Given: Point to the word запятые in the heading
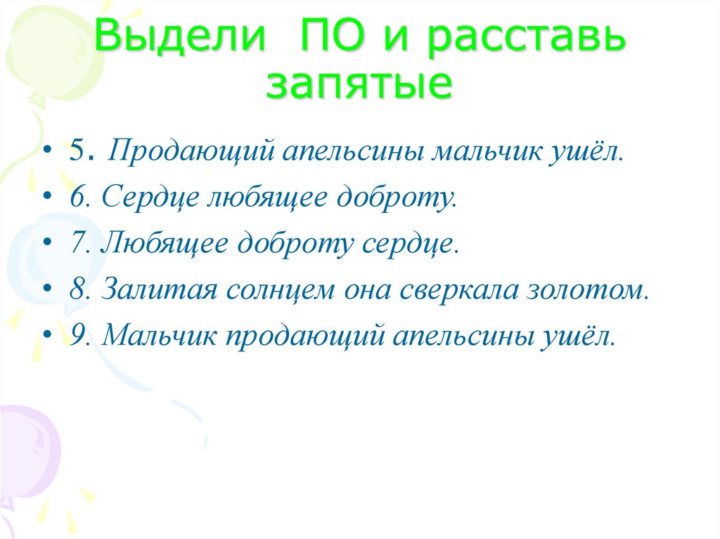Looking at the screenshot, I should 359,85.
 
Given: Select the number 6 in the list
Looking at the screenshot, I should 76,199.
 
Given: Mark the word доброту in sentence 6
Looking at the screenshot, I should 395,199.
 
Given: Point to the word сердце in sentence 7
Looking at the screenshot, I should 411,244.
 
